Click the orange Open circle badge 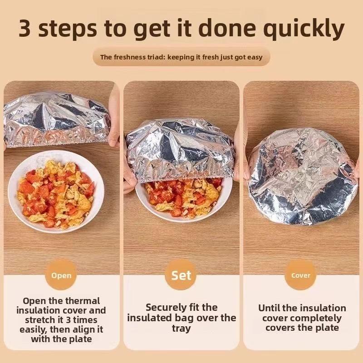[x=61, y=275]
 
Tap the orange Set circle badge [x=181, y=275]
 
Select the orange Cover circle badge [x=301, y=275]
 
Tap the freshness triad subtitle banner [x=181, y=57]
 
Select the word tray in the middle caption [x=181, y=328]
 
